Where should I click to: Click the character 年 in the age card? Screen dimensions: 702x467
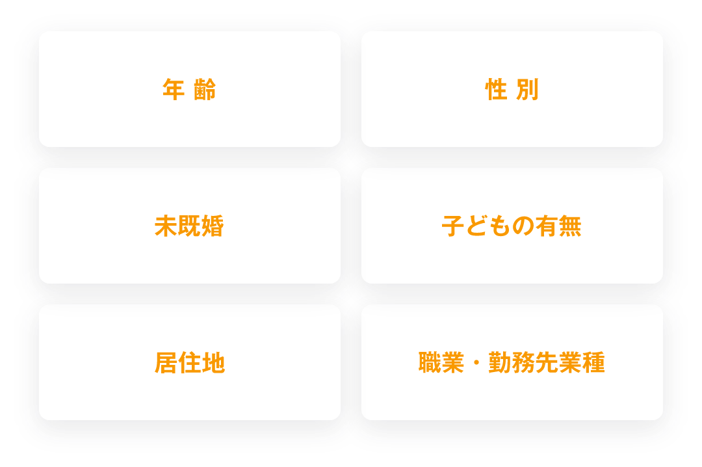pos(174,90)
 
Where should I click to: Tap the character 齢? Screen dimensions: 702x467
pos(205,90)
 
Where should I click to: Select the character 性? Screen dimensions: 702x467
pos(497,90)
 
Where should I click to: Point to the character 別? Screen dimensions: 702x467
pos(527,90)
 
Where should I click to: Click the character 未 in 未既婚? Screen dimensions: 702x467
pos(166,226)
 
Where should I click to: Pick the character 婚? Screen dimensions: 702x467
pos(213,226)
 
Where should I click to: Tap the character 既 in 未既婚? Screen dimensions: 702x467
pos(189,226)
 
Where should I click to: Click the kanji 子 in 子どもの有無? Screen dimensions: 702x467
pos(453,226)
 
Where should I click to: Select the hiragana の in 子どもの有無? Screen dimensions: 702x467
pos(523,226)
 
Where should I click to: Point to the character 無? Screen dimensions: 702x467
pos(570,226)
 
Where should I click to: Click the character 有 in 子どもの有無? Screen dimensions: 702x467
pos(547,226)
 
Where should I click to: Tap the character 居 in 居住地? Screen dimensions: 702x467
pos(166,362)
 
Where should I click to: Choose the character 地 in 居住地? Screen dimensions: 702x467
pos(213,362)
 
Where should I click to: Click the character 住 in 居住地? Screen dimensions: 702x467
pos(190,362)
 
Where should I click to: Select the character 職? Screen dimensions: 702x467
pos(430,362)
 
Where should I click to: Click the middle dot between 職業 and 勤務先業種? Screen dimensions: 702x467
pos(476,363)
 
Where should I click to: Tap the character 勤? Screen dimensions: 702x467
pos(500,362)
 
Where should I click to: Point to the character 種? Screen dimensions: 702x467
pos(593,362)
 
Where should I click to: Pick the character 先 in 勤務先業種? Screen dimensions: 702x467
pos(547,362)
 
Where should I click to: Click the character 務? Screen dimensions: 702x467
pos(523,362)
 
